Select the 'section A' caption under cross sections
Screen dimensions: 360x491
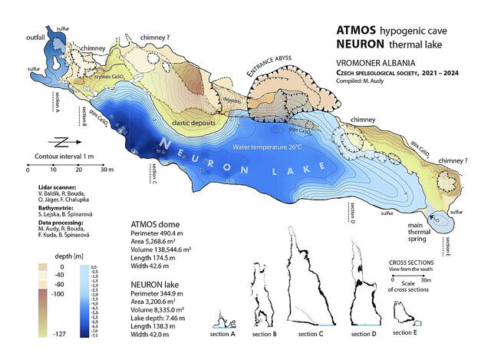[x=222, y=334]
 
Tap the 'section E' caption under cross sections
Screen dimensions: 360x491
[x=404, y=334]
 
